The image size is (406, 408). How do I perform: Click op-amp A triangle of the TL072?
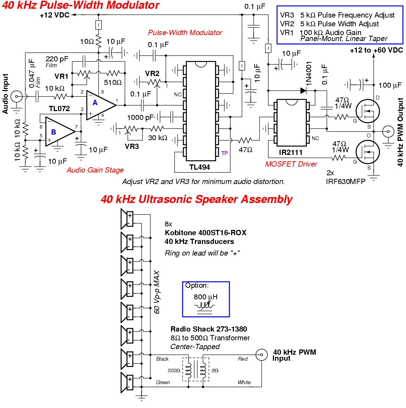(100, 105)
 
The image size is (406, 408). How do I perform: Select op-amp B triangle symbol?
(60, 131)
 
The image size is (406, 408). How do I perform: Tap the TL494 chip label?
(199, 167)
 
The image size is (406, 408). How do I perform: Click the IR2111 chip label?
(290, 152)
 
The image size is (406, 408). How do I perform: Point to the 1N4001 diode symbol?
(303, 90)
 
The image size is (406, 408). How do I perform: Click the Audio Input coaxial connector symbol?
(17, 96)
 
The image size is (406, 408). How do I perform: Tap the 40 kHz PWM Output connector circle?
(388, 131)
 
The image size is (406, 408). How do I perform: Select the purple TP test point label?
(224, 153)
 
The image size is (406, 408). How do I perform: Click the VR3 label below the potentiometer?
(132, 147)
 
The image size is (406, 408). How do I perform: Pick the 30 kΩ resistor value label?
(158, 138)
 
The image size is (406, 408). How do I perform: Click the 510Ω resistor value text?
(113, 83)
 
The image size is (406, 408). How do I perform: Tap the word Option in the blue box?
(197, 285)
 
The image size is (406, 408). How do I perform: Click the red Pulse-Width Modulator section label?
(185, 33)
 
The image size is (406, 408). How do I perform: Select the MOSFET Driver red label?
(291, 164)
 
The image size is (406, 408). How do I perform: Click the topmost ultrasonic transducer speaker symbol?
(127, 219)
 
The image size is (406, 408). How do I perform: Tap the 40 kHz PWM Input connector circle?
(262, 355)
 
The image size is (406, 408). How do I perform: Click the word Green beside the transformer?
(163, 382)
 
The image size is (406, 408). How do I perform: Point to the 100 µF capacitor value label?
(390, 85)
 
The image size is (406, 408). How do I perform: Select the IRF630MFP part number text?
(346, 181)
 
